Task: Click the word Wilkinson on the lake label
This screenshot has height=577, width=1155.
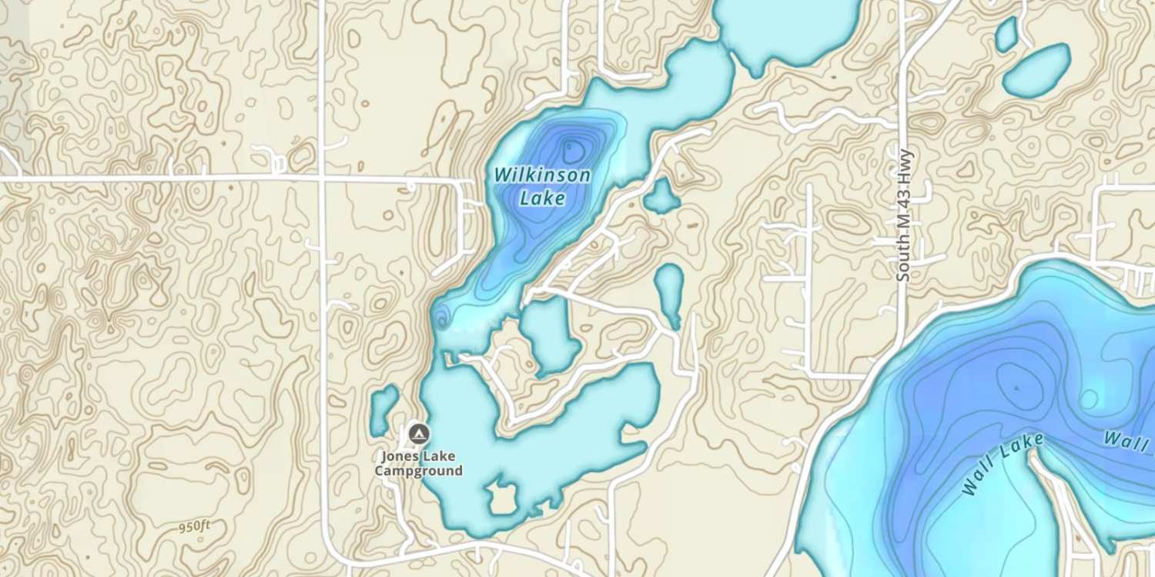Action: tap(542, 175)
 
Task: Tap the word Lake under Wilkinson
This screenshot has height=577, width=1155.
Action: tap(542, 198)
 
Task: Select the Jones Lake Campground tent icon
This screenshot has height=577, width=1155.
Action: tap(418, 434)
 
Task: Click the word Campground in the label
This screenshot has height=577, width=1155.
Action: tap(419, 471)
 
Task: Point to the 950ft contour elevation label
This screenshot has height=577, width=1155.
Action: tap(194, 527)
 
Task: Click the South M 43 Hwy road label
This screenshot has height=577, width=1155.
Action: tap(904, 215)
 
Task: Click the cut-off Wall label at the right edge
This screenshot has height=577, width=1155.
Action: tap(1129, 439)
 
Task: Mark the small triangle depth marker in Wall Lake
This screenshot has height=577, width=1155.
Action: tap(1017, 388)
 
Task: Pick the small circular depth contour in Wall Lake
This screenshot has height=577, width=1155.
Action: tap(1089, 399)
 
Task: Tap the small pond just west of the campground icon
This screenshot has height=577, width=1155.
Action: tap(383, 410)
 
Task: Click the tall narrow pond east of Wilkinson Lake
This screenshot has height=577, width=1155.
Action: tap(669, 292)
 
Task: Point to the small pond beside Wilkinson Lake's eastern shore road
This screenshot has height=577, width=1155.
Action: tap(661, 196)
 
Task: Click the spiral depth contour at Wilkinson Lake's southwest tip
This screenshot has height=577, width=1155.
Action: tap(441, 316)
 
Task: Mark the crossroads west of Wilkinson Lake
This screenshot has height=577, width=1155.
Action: tap(322, 179)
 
